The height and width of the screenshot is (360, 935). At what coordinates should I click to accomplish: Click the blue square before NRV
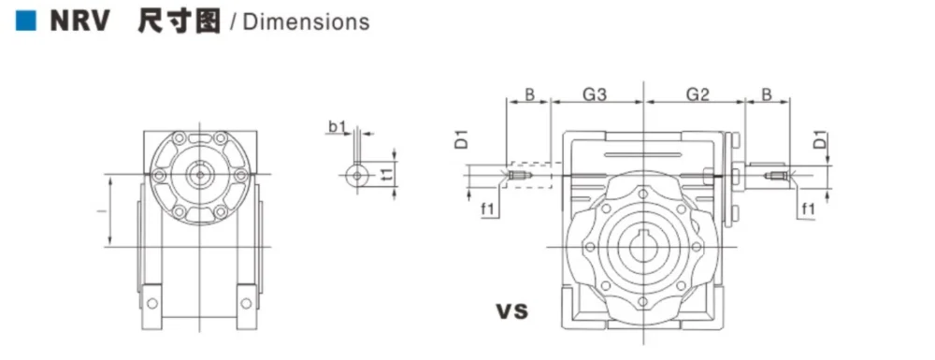point(26,21)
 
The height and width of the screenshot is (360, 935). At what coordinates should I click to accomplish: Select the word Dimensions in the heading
point(307,22)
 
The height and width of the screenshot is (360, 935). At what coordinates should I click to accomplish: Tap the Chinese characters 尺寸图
point(179,22)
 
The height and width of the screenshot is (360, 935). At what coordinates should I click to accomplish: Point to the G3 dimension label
point(595,94)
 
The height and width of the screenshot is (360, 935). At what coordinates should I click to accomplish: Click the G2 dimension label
point(698,94)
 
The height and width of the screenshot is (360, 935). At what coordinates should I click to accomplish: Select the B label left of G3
point(529,94)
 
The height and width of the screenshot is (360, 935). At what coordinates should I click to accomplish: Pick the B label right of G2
point(768,94)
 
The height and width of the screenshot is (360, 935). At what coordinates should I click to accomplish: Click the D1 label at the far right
point(821,141)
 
